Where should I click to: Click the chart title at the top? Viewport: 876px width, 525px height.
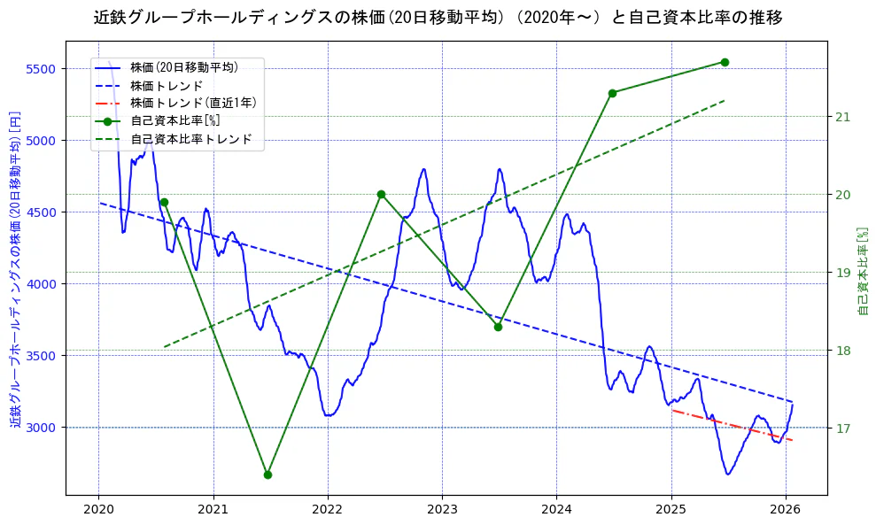point(438,18)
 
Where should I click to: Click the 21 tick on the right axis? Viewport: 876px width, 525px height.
point(842,117)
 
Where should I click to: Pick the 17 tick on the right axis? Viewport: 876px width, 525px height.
point(842,428)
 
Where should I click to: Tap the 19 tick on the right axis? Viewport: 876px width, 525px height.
point(842,273)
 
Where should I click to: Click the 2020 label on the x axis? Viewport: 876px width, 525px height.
point(98,509)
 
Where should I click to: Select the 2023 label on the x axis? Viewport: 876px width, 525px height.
point(442,509)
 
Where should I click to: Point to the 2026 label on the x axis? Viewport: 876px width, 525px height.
point(786,509)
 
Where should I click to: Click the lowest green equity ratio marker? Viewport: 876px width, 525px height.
point(267,475)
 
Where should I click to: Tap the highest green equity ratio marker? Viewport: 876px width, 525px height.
point(725,62)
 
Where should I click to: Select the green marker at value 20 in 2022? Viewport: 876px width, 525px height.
point(381,194)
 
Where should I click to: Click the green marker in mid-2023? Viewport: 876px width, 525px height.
point(498,327)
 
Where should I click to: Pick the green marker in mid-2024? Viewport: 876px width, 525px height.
point(612,93)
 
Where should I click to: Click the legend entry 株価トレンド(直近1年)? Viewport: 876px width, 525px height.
point(193,103)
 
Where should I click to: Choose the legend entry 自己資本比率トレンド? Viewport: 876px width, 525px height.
point(191,139)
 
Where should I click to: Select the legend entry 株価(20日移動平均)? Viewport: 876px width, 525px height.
point(184,66)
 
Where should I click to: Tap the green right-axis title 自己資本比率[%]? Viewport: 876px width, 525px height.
point(864,271)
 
